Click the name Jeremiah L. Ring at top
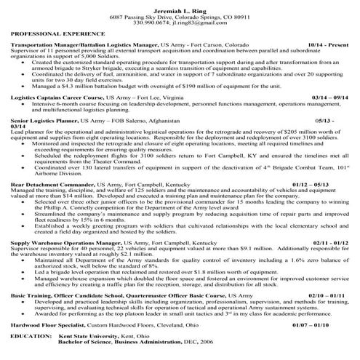[180, 7]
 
